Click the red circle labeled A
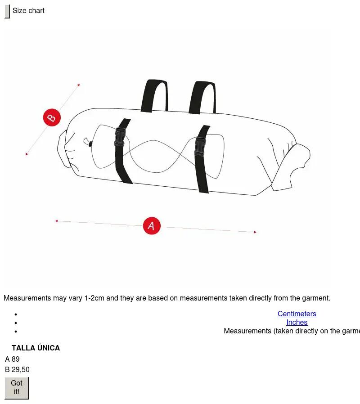click(x=152, y=226)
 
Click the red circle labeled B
click(x=52, y=117)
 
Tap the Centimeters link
click(x=297, y=314)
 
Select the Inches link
click(x=297, y=322)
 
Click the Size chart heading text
click(x=28, y=10)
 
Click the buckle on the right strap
click(x=200, y=146)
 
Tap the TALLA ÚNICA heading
click(x=36, y=348)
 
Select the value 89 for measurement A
click(x=15, y=359)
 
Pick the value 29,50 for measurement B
click(x=21, y=369)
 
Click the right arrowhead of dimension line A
click(x=255, y=232)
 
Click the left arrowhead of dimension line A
click(x=56, y=221)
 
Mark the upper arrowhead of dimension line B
click(x=79, y=85)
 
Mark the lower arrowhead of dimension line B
click(x=26, y=154)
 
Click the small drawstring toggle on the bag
click(x=90, y=144)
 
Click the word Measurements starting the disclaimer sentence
click(x=27, y=298)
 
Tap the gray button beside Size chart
click(x=7, y=11)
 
